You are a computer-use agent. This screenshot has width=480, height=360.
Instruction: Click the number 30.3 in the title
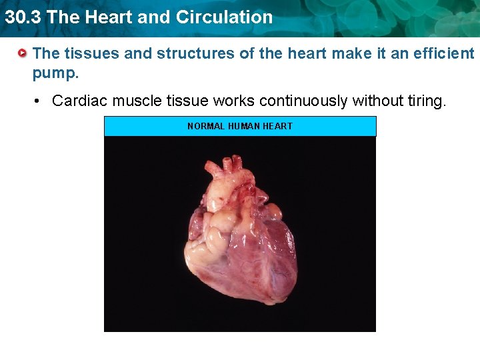point(23,17)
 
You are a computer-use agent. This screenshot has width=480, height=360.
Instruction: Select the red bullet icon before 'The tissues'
point(23,52)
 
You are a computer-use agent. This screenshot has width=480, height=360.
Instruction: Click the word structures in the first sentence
point(189,53)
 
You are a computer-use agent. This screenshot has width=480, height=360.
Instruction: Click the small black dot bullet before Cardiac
point(39,101)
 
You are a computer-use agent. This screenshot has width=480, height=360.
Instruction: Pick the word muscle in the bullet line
point(135,101)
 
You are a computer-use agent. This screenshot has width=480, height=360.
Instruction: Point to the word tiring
point(421,101)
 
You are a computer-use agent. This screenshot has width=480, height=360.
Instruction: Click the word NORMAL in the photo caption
point(206,126)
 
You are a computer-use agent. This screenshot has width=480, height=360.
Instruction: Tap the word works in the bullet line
point(235,101)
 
